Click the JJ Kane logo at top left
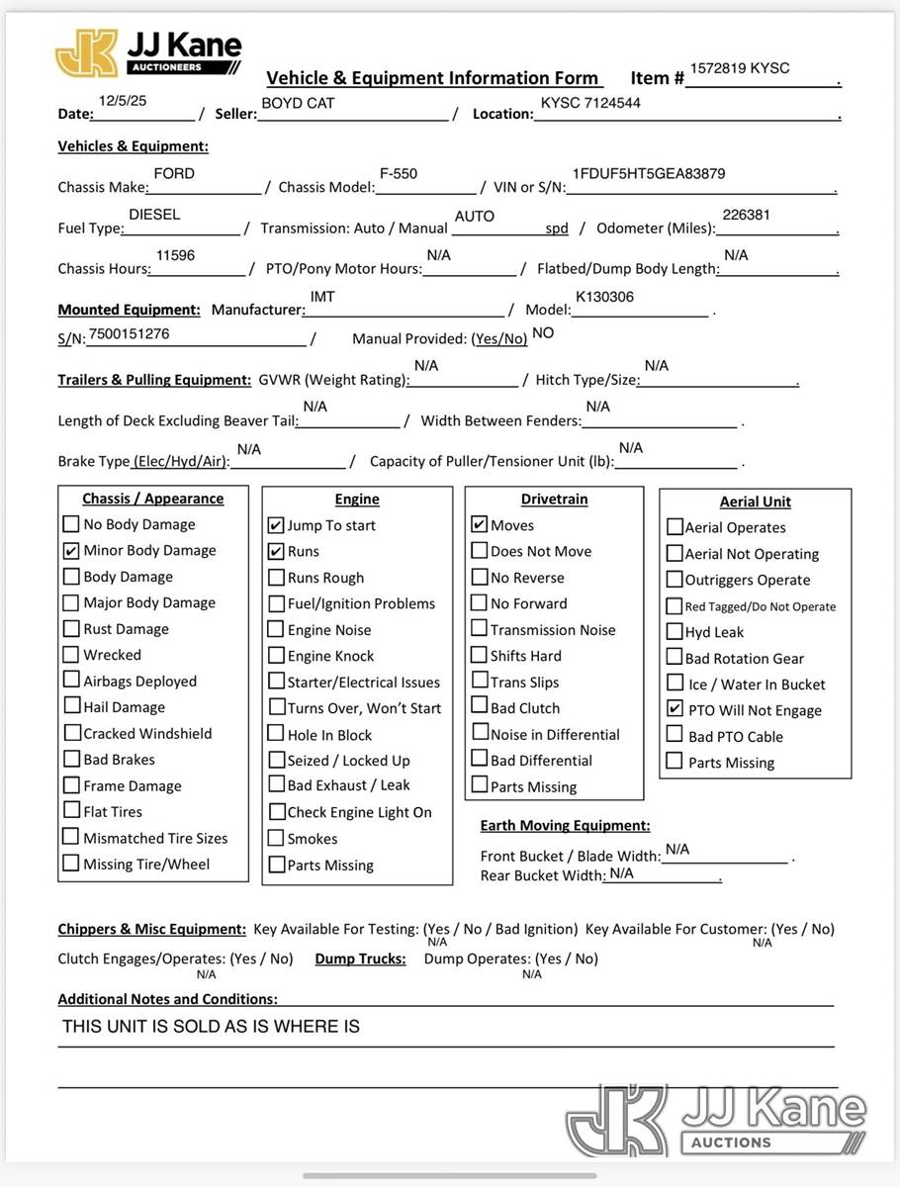(x=148, y=52)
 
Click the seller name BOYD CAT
(x=298, y=103)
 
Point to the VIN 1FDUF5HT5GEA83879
(x=648, y=173)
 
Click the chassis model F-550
(x=399, y=173)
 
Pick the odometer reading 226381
(x=746, y=214)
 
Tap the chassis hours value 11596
(x=175, y=255)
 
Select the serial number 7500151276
(x=129, y=333)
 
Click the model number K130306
(x=604, y=297)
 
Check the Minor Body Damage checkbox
(x=71, y=550)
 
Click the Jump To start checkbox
(x=276, y=525)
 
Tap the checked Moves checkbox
(x=479, y=524)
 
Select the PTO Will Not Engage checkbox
(x=675, y=708)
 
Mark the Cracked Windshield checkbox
(x=71, y=733)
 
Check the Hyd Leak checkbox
(x=675, y=631)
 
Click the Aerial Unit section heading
(x=755, y=502)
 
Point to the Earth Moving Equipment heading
(x=565, y=825)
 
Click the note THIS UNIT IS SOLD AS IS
(x=211, y=1027)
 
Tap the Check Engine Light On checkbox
(x=276, y=811)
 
